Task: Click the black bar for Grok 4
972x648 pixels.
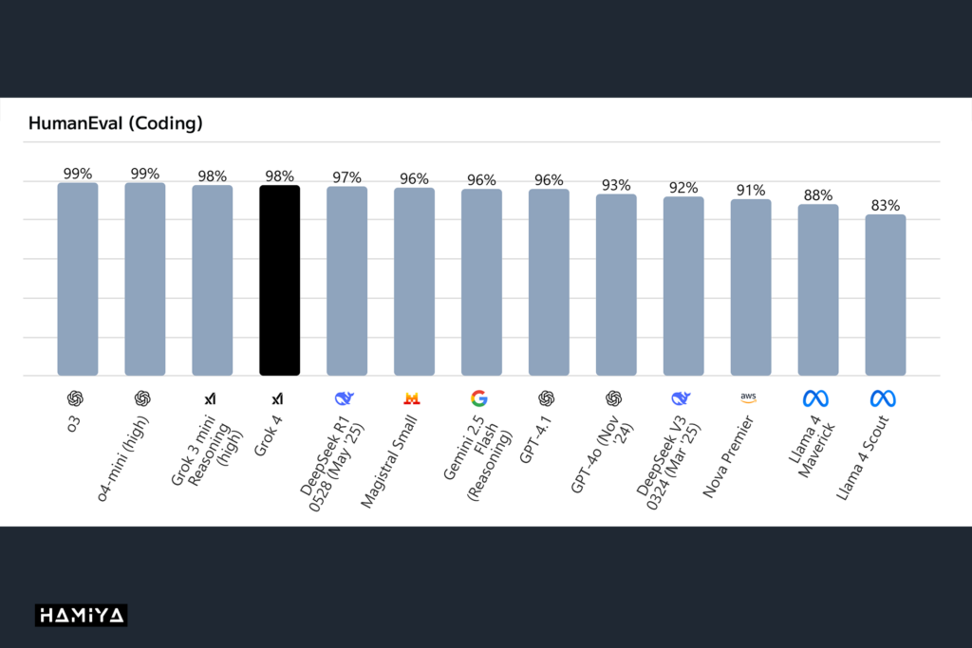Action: point(280,280)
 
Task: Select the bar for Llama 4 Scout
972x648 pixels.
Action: point(886,295)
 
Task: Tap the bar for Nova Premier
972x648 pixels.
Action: point(751,287)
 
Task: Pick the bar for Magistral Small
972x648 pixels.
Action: point(415,282)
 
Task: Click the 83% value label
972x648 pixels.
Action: point(886,205)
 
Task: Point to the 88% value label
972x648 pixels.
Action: point(818,194)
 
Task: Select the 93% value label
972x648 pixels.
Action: point(616,185)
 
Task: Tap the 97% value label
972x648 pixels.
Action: point(347,177)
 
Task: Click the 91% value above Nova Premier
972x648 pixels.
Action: point(751,190)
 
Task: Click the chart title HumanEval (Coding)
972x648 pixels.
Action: point(116,123)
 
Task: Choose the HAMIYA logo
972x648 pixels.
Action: point(81,616)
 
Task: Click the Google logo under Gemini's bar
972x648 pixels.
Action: point(481,398)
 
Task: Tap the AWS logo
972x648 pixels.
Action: point(750,398)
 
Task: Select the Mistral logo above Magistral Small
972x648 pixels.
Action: point(413,398)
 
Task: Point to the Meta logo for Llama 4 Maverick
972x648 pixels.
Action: point(816,398)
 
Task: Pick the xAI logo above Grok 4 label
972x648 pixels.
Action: point(278,398)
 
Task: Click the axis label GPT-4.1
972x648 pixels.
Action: point(537,441)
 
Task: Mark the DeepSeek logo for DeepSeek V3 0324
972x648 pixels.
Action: point(681,398)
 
